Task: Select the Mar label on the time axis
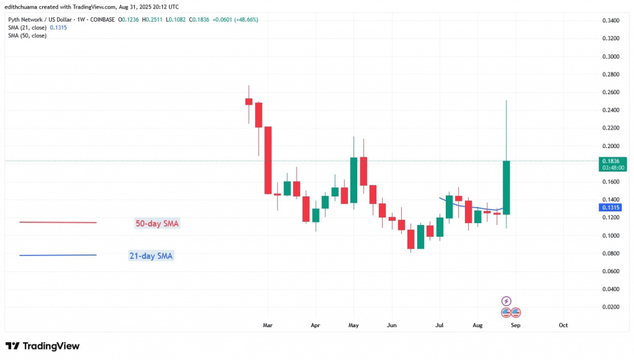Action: pyautogui.click(x=267, y=325)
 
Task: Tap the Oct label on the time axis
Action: pyautogui.click(x=563, y=325)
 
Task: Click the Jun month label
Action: pyautogui.click(x=391, y=325)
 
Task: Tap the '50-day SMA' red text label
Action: pyautogui.click(x=157, y=223)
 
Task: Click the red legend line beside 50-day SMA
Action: pyautogui.click(x=58, y=222)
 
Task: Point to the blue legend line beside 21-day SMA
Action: pyautogui.click(x=58, y=255)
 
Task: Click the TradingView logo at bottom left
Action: pyautogui.click(x=42, y=346)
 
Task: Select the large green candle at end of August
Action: pyautogui.click(x=506, y=188)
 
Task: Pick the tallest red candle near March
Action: pyautogui.click(x=269, y=160)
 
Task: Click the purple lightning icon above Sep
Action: pyautogui.click(x=506, y=301)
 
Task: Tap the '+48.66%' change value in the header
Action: pyautogui.click(x=244, y=20)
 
